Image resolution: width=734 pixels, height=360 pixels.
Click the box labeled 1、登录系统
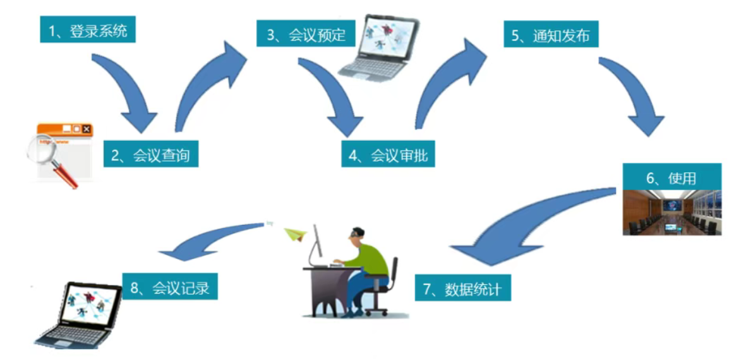(88, 30)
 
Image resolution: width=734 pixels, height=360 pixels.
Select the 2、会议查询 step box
(151, 154)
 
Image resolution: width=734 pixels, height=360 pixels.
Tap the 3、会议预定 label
(305, 34)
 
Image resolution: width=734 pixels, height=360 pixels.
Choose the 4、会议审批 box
(388, 154)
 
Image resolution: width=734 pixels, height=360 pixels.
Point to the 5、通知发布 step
(551, 35)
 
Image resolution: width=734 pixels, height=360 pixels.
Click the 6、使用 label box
(671, 178)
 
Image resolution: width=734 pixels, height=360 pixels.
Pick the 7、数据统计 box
(463, 288)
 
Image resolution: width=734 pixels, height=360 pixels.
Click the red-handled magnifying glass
(51, 158)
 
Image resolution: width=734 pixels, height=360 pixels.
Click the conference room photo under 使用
(671, 215)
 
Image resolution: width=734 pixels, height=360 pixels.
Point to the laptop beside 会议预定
(379, 47)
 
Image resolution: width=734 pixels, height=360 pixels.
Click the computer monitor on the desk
(315, 243)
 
